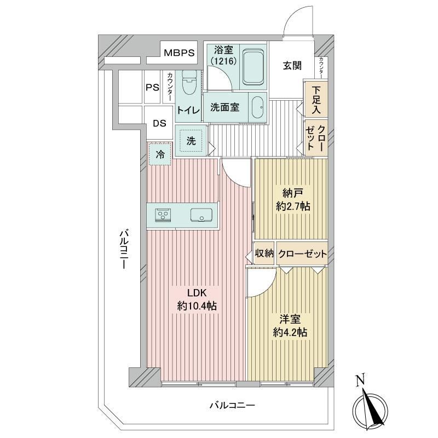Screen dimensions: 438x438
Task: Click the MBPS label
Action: click(x=179, y=53)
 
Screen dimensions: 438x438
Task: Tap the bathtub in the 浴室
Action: click(x=253, y=67)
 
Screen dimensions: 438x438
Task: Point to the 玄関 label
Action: click(x=292, y=66)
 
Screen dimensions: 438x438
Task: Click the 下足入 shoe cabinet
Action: click(x=316, y=99)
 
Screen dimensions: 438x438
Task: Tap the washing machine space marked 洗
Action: click(x=191, y=141)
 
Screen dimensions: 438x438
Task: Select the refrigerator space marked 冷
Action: click(x=160, y=154)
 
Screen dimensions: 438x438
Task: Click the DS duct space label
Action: click(x=159, y=123)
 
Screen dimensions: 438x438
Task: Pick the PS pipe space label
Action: click(x=153, y=88)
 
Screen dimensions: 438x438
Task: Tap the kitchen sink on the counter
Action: click(x=201, y=215)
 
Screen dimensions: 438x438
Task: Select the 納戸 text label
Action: click(x=293, y=193)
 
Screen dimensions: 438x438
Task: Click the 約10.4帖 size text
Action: click(x=197, y=306)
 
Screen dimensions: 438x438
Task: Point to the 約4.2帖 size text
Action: click(x=290, y=332)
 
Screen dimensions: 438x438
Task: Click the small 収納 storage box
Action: click(x=264, y=253)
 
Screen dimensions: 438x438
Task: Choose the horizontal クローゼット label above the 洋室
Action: click(x=303, y=253)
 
